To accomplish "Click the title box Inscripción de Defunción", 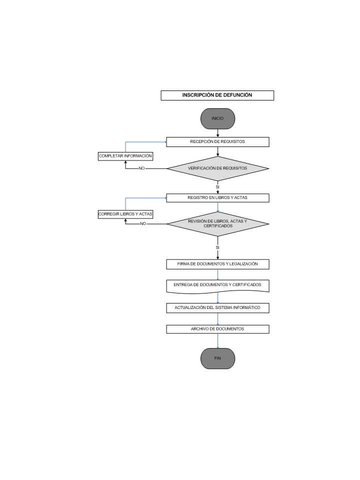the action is point(217,95).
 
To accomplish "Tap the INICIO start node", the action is point(217,118).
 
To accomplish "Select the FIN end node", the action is point(217,358).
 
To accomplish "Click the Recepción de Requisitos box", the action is point(217,141).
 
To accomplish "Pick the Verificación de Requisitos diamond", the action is point(217,168).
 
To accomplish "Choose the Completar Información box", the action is point(125,156).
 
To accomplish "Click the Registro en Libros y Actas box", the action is point(217,198).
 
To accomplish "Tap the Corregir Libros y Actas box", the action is point(125,214).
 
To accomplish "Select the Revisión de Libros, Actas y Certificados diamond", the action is point(217,224).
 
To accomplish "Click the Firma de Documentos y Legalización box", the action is point(217,264).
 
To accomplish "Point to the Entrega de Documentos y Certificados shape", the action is point(217,286).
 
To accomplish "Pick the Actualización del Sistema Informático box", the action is point(217,308).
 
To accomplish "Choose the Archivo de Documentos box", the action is point(217,329).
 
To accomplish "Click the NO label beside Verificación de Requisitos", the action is point(141,168).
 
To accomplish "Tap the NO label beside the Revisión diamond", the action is point(143,224).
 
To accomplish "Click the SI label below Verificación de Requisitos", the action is point(217,187).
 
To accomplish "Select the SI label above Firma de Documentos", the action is point(217,247).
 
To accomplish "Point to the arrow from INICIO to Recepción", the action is point(217,133).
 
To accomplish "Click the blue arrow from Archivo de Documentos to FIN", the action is point(217,340).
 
